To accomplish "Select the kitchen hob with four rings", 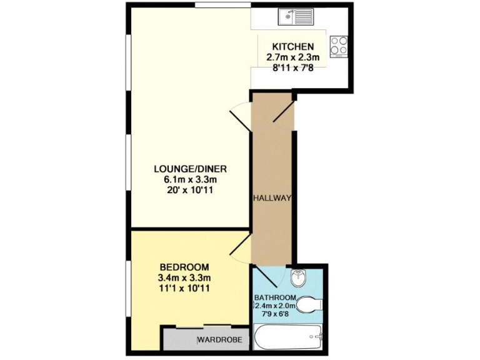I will coord(339,46).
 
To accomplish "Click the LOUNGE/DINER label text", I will coord(190,169).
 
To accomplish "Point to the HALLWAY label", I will coord(272,199).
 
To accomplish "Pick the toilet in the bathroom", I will coord(308,306).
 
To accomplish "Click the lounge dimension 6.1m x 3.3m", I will coord(190,179).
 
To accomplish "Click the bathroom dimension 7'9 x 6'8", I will coord(275,315).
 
